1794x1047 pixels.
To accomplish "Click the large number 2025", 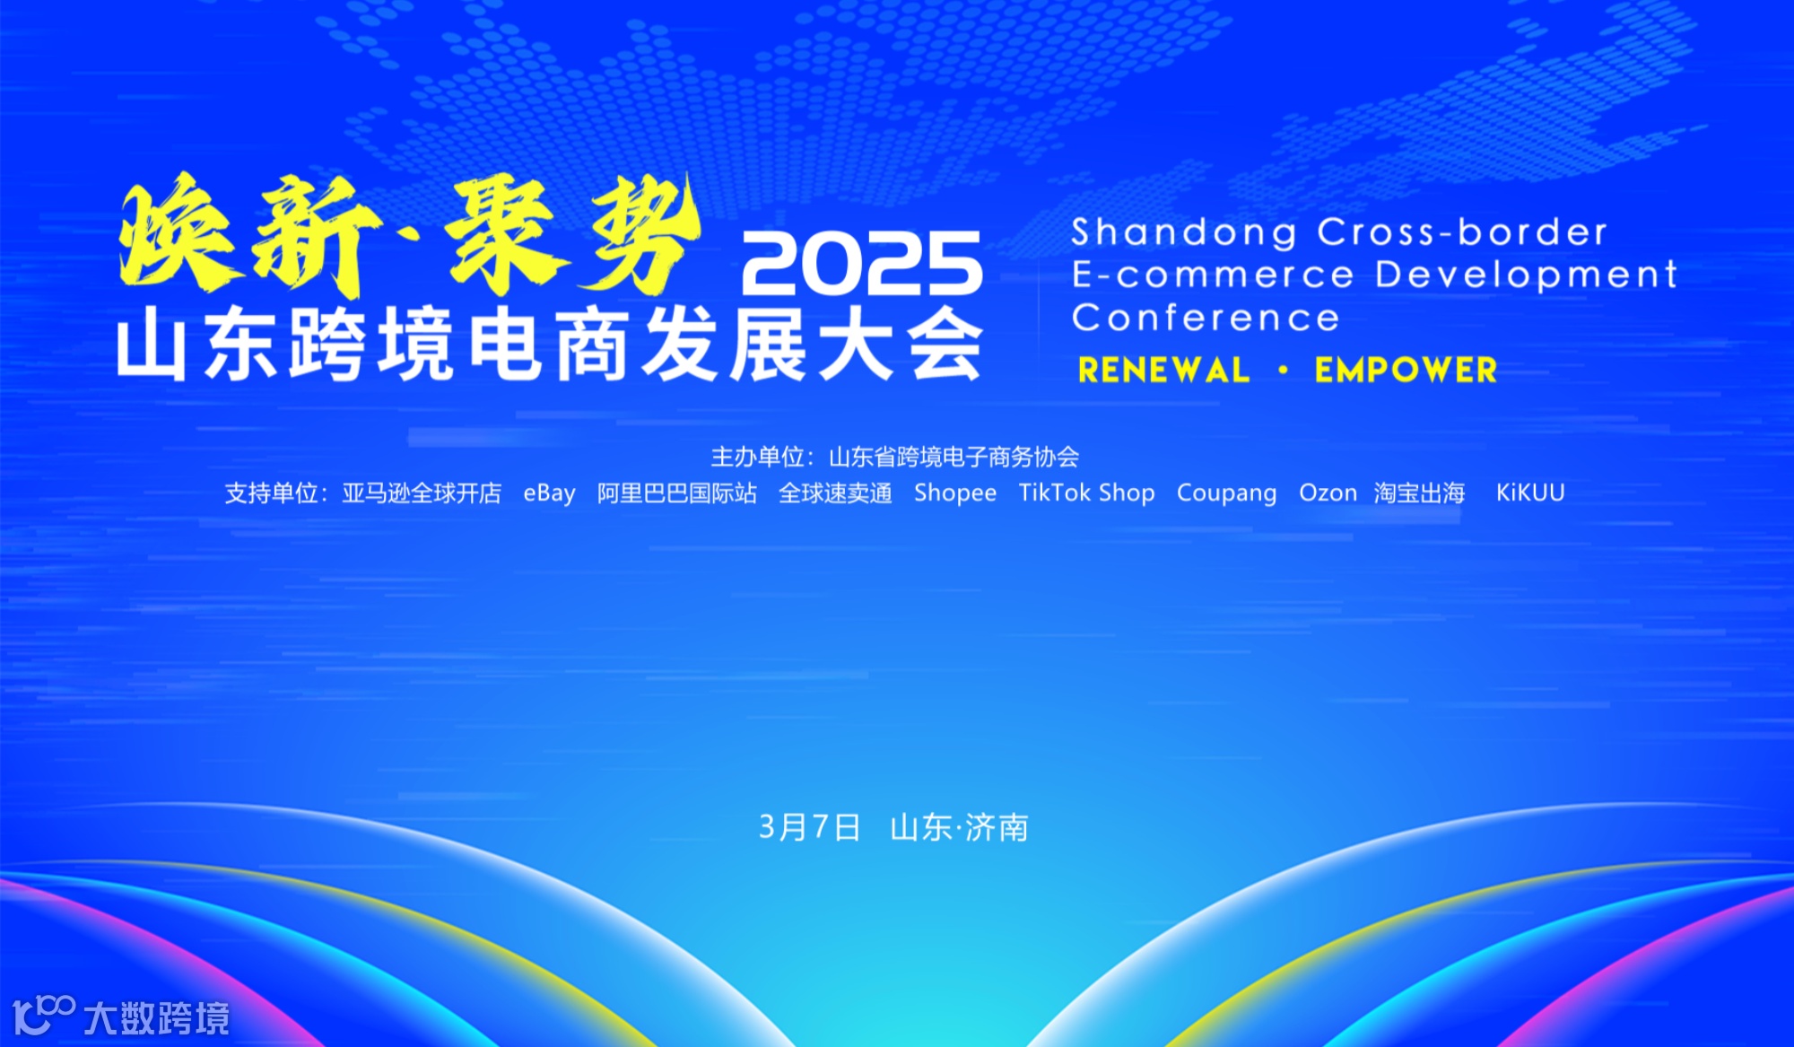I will [861, 264].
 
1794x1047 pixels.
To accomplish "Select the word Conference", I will [1206, 318].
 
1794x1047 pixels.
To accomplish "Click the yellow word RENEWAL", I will [1163, 371].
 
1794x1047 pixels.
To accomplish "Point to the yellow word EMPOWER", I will [1406, 371].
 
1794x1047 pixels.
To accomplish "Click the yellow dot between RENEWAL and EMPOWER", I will [1284, 370].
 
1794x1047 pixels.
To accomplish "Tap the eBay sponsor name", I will [549, 493].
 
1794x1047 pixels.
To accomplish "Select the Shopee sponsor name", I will [954, 493].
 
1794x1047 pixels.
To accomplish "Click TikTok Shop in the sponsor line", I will [1086, 493].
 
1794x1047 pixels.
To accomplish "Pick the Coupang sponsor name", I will [1226, 493].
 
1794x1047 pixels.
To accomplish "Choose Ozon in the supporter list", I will [1328, 493].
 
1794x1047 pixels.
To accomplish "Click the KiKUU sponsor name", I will [1529, 493].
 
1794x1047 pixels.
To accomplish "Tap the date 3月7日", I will [809, 827].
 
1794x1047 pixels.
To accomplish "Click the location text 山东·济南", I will [959, 827].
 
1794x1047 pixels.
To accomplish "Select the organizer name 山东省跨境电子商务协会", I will [954, 458].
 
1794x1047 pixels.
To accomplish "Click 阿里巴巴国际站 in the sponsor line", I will [677, 493].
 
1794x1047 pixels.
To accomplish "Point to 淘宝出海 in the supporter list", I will [1419, 493].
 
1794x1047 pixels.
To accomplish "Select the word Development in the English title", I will [1525, 275].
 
